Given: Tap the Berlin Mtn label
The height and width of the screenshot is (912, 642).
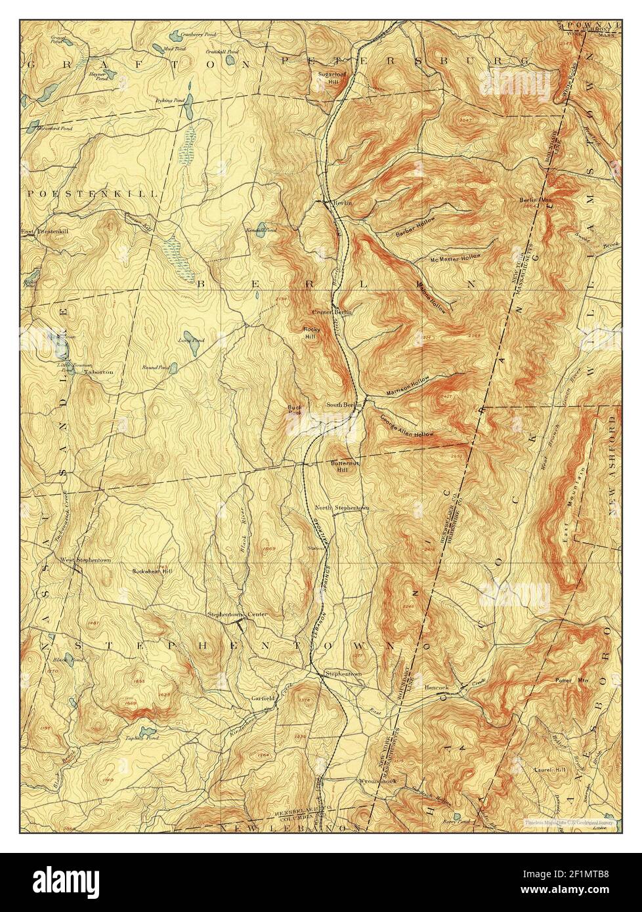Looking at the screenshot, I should coord(534,199).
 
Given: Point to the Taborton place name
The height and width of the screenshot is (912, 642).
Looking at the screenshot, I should coord(99,371).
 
